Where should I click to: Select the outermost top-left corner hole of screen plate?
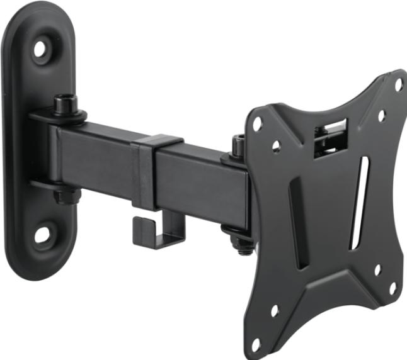pyautogui.click(x=258, y=124)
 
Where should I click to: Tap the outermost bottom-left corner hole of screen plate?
pyautogui.click(x=256, y=344)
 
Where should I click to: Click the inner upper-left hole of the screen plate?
pyautogui.click(x=276, y=147)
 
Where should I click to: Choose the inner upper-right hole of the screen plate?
pyautogui.click(x=381, y=116)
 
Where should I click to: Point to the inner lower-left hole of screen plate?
pyautogui.click(x=275, y=310)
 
